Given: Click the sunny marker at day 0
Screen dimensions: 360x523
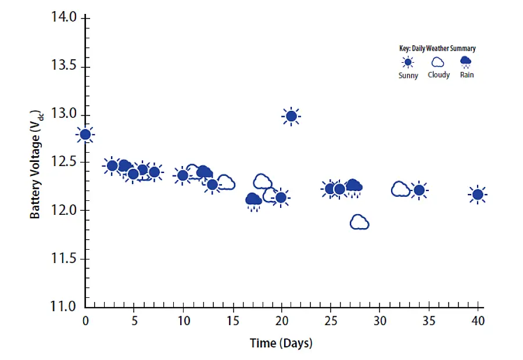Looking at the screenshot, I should click(85, 135).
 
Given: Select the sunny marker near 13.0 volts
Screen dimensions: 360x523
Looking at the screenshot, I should click(291, 116).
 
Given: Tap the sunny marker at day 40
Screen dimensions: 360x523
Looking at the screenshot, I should click(478, 195).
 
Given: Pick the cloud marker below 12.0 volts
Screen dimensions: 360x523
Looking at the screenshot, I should click(360, 222).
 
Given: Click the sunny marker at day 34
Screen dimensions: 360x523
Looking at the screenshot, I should click(419, 190).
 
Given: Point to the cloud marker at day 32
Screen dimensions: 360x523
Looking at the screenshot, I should click(400, 189).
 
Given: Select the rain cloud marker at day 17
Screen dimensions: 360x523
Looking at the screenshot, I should click(253, 200).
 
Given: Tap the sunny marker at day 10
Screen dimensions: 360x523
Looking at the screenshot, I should click(183, 175).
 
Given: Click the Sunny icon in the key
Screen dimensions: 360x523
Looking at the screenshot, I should click(408, 62).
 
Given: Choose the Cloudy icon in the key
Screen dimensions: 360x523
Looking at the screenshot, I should click(438, 62).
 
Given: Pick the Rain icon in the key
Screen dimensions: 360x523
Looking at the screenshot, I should click(466, 62).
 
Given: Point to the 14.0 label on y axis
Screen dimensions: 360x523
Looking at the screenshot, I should click(65, 18).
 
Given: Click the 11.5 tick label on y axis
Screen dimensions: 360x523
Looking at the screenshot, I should click(65, 258).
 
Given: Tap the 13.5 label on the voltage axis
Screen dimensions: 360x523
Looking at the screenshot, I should click(65, 66).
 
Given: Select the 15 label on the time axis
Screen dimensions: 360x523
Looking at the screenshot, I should click(232, 321).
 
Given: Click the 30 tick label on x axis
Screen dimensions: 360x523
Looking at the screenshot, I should click(379, 321).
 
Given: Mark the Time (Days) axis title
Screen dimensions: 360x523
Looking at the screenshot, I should click(281, 343).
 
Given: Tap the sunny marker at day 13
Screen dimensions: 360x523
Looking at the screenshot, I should click(213, 185).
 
